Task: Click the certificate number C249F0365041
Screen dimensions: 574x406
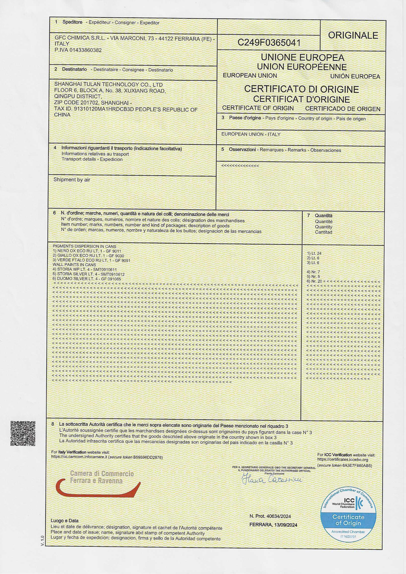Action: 269,43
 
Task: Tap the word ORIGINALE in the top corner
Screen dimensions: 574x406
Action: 353,36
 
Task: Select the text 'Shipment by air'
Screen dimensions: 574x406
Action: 72,179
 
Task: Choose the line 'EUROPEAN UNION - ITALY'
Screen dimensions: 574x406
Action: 251,134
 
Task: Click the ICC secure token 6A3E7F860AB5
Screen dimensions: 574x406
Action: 356,465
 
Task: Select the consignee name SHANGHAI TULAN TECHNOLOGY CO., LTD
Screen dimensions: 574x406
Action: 108,84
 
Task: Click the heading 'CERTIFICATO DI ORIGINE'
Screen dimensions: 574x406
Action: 301,89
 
